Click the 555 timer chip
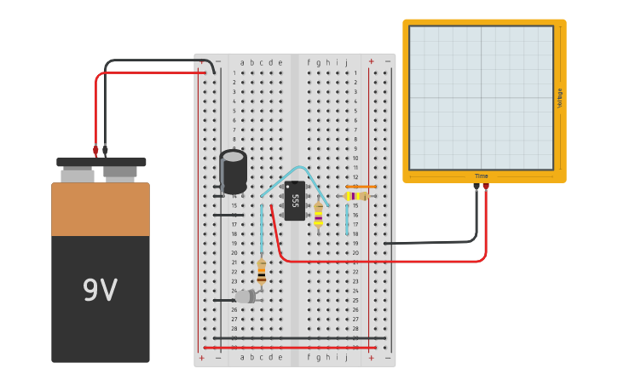[x=295, y=200]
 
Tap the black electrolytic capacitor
[x=234, y=170]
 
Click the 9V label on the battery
[x=100, y=291]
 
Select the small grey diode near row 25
[x=245, y=297]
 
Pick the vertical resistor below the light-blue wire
[x=261, y=272]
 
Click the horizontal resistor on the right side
[x=356, y=196]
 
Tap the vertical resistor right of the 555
[x=318, y=216]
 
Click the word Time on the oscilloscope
[x=482, y=176]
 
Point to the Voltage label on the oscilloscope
[x=559, y=97]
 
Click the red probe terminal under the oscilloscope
[x=486, y=186]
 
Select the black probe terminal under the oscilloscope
[x=476, y=186]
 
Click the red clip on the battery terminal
[x=95, y=151]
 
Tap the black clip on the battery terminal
[x=106, y=151]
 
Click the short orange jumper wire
[x=361, y=187]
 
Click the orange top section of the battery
[x=100, y=209]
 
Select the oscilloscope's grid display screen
[x=481, y=97]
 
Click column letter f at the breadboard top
[x=309, y=62]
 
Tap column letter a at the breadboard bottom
[x=242, y=357]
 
